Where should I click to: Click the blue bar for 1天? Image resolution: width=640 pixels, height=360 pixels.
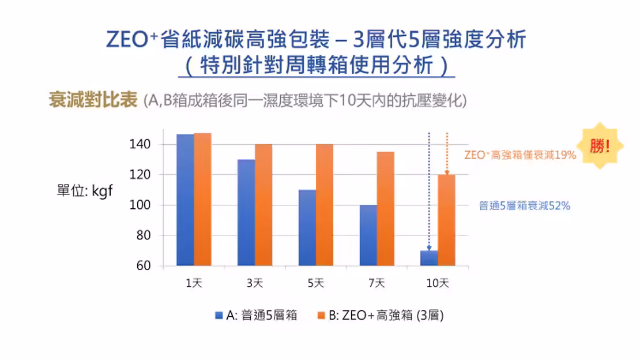click(185, 200)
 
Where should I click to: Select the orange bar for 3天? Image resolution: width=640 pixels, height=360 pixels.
click(263, 205)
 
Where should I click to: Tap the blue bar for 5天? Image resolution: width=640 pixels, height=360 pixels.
click(307, 228)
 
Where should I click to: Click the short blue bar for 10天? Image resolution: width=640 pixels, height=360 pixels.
click(429, 258)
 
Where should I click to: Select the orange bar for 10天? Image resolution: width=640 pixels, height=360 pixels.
click(446, 220)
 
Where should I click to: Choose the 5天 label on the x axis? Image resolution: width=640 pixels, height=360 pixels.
click(315, 283)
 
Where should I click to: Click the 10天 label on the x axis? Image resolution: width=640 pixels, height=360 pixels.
click(437, 283)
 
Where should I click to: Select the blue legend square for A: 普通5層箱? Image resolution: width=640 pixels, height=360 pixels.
click(219, 315)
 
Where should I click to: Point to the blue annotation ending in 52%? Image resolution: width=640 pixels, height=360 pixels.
click(524, 205)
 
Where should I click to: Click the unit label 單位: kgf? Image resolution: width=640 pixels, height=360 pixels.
click(85, 192)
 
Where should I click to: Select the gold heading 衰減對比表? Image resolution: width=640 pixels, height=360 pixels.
click(93, 100)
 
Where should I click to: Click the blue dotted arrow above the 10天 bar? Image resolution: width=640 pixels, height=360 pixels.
click(429, 190)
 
